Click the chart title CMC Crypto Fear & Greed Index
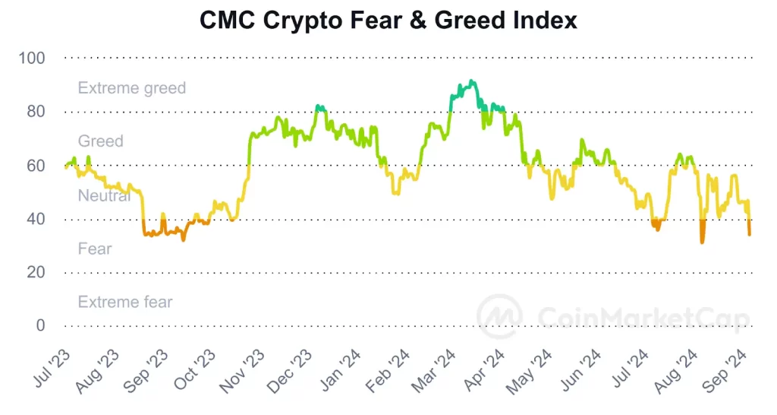pos(388,21)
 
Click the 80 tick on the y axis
pos(36,112)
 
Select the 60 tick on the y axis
pos(36,165)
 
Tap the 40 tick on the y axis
pos(36,219)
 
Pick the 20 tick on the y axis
pos(36,272)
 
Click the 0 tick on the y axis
pos(40,325)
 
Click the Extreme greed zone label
pos(131,88)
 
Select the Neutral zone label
pos(104,195)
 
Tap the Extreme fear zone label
pos(125,303)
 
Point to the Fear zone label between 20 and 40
pos(95,249)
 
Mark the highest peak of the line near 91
pos(471,81)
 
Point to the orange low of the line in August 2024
pos(702,242)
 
